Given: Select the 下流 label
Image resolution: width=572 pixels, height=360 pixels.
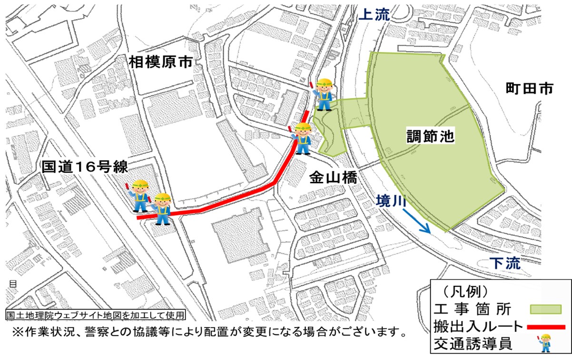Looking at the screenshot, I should coord(505,263).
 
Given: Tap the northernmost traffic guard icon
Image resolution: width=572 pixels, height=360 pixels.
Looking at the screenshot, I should coord(323,93).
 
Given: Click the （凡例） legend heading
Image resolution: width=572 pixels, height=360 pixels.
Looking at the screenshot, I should coord(464,290).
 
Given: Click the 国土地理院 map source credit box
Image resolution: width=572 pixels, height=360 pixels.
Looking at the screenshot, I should coord(94,315).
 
